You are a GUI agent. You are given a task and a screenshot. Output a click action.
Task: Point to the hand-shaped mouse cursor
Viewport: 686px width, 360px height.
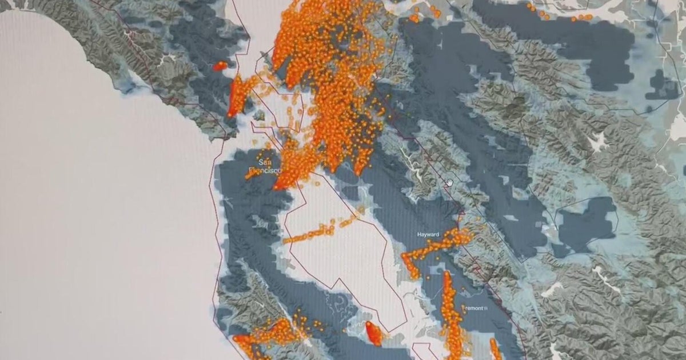click(x=450, y=182)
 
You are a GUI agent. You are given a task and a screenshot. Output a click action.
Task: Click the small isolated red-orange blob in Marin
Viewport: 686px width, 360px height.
click(x=220, y=66)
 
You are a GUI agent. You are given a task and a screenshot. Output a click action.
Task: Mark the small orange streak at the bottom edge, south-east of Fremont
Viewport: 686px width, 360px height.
click(x=495, y=349)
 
